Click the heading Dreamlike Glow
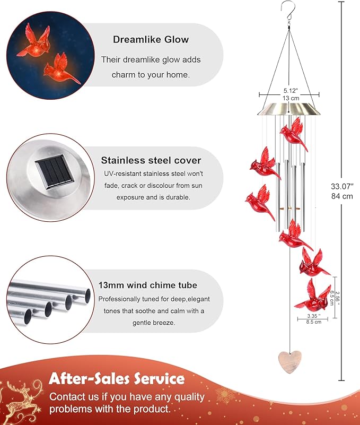(151, 39)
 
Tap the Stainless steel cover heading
(151, 160)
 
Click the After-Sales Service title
(117, 379)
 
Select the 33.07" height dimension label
(342, 186)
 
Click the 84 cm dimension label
(342, 196)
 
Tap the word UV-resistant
(120, 174)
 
